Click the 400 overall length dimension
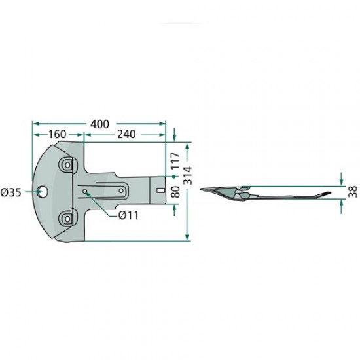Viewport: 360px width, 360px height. [99, 124]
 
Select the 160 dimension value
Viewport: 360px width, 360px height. [57, 134]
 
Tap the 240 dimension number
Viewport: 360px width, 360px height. [126, 134]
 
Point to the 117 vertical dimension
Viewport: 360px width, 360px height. [175, 161]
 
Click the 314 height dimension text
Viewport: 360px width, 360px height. [189, 175]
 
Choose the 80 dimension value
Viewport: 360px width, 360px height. [175, 192]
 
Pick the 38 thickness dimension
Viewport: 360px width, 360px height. [353, 192]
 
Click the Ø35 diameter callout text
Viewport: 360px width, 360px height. [10, 192]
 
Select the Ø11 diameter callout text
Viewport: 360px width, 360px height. [128, 215]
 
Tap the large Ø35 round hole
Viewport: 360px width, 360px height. [43, 192]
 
